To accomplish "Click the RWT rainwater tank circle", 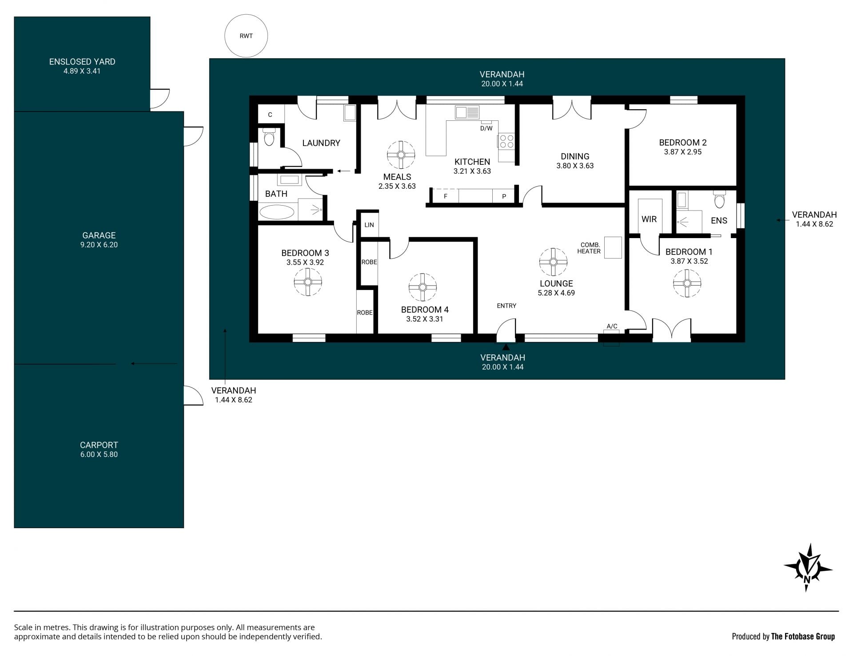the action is (x=246, y=36).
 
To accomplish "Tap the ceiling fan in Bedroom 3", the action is (x=308, y=282).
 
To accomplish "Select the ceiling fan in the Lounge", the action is (x=553, y=262).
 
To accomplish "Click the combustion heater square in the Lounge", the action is (x=613, y=247).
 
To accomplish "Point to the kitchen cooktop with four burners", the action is (x=506, y=141).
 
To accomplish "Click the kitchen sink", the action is (x=467, y=112).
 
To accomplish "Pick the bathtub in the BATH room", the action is (x=277, y=212).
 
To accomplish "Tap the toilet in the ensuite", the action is (x=720, y=200).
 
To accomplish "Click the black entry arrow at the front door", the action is (x=506, y=346).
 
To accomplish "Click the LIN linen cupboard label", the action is (x=369, y=225).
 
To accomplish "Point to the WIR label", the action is (x=649, y=219).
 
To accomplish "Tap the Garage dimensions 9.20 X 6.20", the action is (x=99, y=245).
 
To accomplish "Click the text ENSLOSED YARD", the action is (x=82, y=62).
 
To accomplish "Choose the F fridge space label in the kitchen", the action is (x=446, y=196).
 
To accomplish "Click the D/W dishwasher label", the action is (x=486, y=128).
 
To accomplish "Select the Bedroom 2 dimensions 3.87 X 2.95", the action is (x=683, y=152).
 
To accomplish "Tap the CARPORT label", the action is (x=99, y=445).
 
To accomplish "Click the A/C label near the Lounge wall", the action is (x=612, y=326).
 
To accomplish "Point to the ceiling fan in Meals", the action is (x=401, y=155).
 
